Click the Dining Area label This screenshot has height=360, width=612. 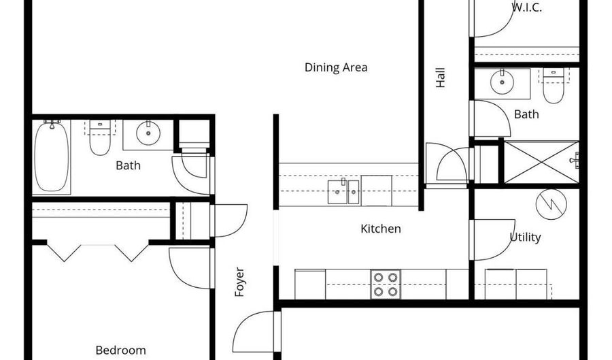click(336, 67)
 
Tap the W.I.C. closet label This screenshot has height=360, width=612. click(526, 8)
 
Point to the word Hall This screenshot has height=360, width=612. click(441, 77)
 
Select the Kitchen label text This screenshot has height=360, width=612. click(380, 229)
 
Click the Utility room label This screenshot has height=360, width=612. click(526, 237)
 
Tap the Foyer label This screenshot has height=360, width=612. click(239, 282)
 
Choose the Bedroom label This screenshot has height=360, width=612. click(120, 350)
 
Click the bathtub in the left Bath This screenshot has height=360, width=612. click(52, 155)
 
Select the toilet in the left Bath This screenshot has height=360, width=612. click(100, 140)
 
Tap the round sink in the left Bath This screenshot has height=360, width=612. click(148, 133)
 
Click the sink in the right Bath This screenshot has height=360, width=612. click(502, 83)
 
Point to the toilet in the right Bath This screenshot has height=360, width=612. click(553, 86)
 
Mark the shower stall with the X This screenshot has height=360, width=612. click(541, 162)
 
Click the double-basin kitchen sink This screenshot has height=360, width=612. click(344, 191)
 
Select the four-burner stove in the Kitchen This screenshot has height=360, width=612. click(386, 284)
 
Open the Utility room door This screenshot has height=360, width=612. click(491, 239)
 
